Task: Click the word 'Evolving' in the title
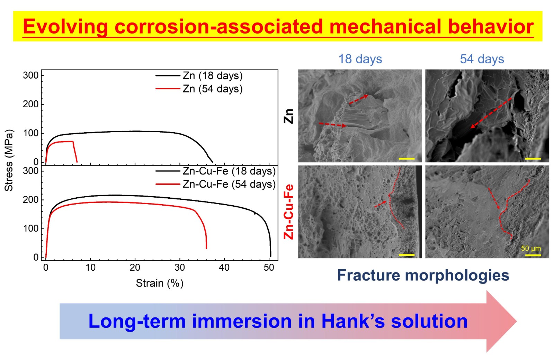coord(65,27)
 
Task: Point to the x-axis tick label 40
coord(224,267)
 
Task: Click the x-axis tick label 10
coord(90,267)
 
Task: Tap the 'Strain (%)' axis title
coord(160,283)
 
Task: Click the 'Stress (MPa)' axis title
coord(9,161)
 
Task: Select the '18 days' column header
coord(360,59)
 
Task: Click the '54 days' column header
coord(482,59)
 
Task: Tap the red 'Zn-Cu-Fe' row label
coord(288,212)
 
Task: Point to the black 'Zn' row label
coord(288,116)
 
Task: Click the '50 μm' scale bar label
coord(531,248)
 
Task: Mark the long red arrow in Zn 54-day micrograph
coord(491,113)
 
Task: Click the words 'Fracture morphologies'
coord(423,275)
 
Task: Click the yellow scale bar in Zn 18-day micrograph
coord(406,159)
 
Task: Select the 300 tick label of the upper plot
coord(31,75)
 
